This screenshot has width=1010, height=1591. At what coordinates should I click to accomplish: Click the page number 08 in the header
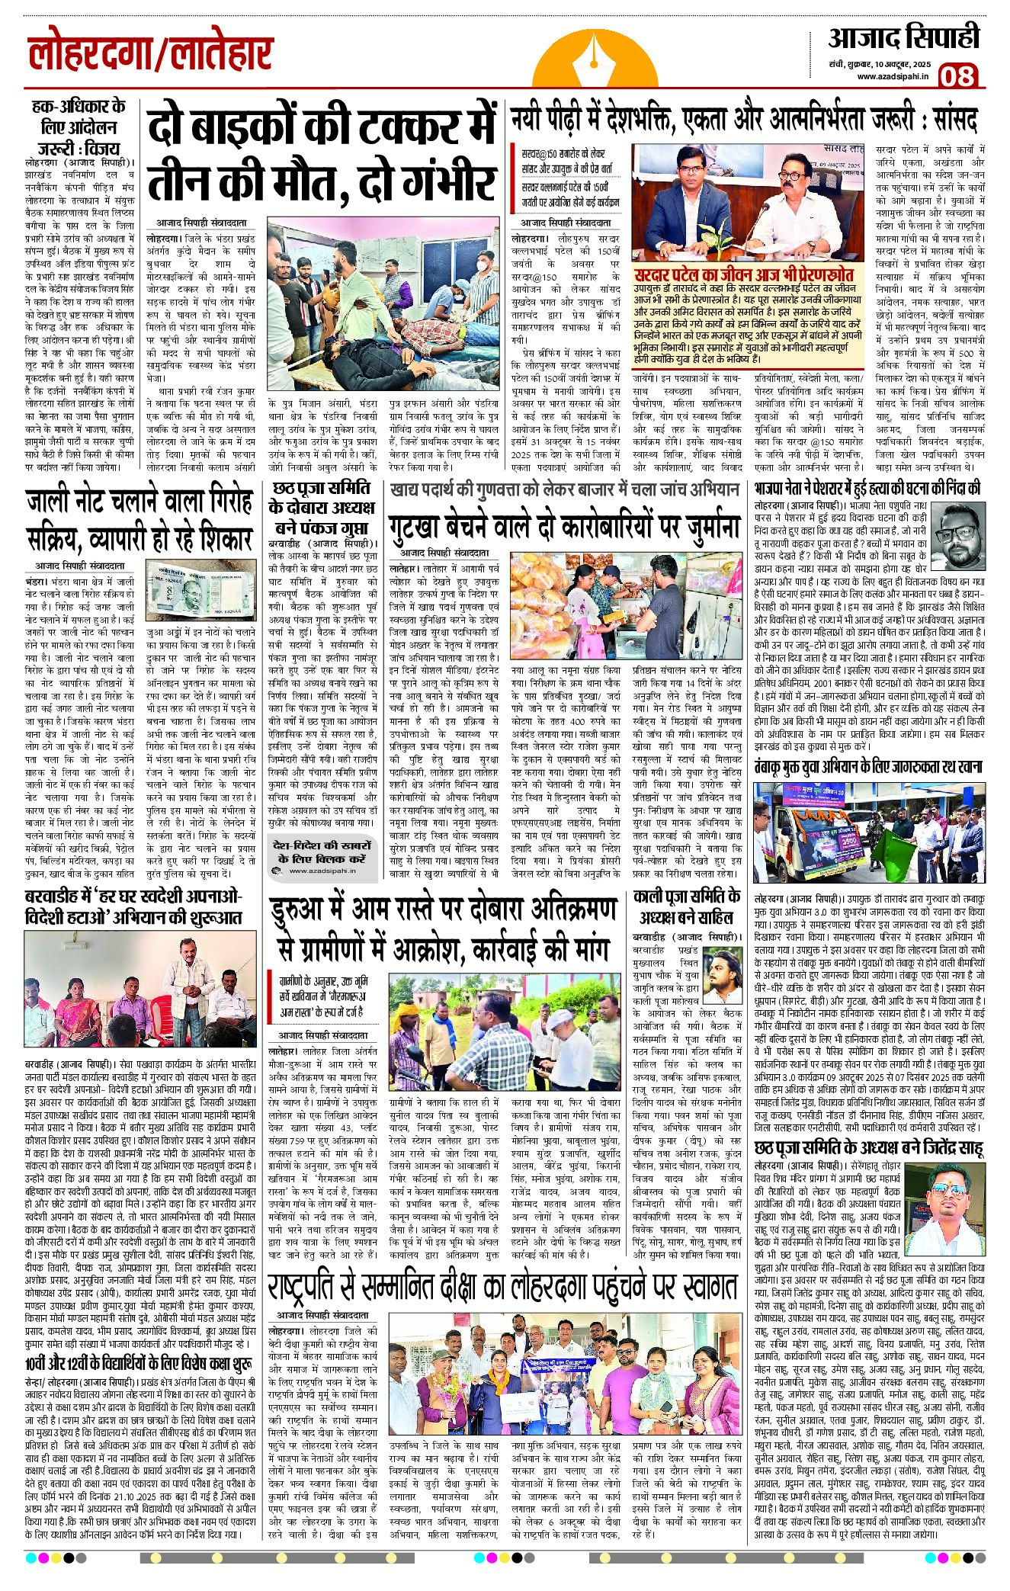coord(958,77)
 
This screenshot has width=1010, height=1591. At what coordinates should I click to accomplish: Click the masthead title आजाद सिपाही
coord(903,37)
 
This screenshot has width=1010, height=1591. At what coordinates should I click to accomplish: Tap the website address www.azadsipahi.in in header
coord(892,76)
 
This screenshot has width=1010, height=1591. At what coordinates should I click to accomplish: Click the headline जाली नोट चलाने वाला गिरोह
coord(139,503)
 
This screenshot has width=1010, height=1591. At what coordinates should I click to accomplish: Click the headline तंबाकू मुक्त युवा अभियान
coord(868,766)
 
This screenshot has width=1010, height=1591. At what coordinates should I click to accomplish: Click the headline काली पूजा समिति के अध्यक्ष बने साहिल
coord(687,906)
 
